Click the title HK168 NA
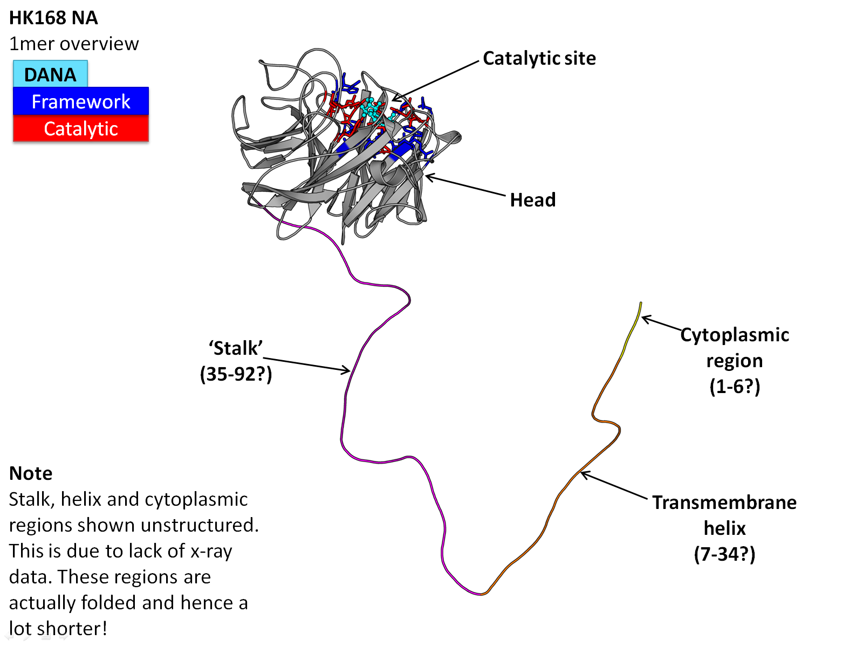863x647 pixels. (x=53, y=18)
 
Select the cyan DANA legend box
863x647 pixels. (x=50, y=74)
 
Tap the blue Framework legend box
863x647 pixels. (x=81, y=101)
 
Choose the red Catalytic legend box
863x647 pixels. (x=81, y=129)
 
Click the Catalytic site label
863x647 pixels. (x=539, y=58)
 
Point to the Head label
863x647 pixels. (x=532, y=200)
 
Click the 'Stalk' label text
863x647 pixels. (x=236, y=348)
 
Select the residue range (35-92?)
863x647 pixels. (x=236, y=374)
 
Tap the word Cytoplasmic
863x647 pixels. (x=735, y=335)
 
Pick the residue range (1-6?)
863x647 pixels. (x=735, y=386)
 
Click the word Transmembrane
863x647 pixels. (x=724, y=503)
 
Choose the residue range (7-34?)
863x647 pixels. (x=724, y=554)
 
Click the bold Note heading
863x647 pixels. (x=31, y=473)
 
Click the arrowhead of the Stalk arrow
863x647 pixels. (x=349, y=370)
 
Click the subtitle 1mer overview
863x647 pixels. (x=74, y=44)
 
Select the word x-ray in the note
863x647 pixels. (x=211, y=551)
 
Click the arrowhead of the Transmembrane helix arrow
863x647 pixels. (x=582, y=473)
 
